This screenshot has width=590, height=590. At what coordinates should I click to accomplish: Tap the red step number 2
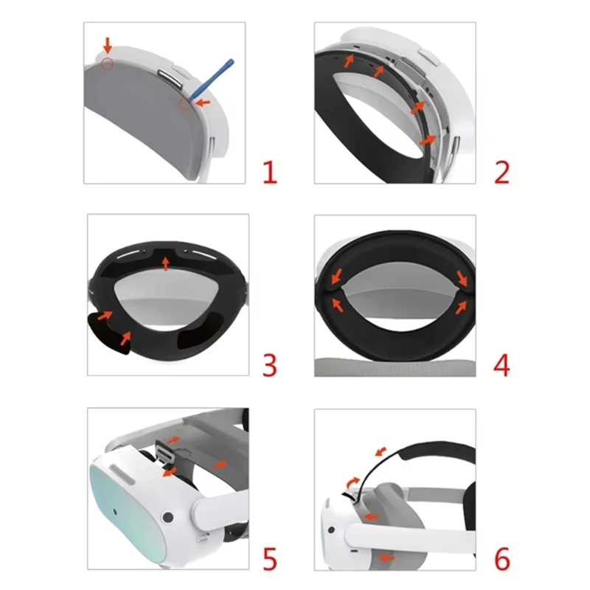coord(502,173)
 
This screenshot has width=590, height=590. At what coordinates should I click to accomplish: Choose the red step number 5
coord(270,559)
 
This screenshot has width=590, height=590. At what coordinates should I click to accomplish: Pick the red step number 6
coord(502,559)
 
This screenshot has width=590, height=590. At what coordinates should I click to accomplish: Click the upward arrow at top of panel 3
coord(167,261)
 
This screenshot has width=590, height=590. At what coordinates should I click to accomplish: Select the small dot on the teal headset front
coord(117,510)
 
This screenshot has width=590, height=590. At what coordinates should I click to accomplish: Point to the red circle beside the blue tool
coord(184,104)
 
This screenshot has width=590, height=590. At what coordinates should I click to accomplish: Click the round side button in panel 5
coord(169,517)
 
